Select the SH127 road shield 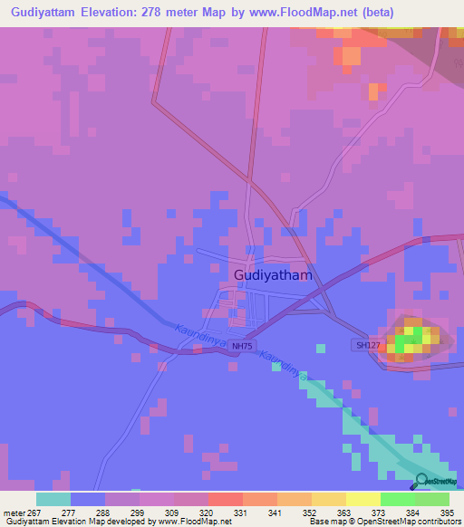pyautogui.click(x=365, y=345)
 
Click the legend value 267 pyautogui.click(x=31, y=513)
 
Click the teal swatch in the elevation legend pyautogui.click(x=53, y=499)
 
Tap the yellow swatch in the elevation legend pyautogui.click(x=362, y=499)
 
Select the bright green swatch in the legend pyautogui.click(x=397, y=499)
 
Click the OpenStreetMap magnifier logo pyautogui.click(x=420, y=483)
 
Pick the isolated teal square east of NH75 pyautogui.click(x=321, y=348)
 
